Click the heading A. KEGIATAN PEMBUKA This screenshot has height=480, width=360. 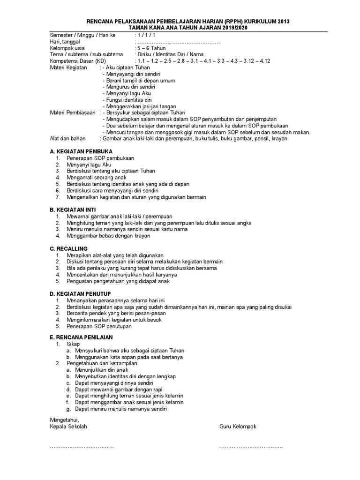coord(81,151)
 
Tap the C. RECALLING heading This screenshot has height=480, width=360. coord(68,248)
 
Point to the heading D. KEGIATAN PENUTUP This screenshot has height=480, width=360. coord(80,293)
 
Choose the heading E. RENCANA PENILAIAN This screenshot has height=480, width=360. coord(81,337)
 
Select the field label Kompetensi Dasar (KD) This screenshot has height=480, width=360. coord(78,61)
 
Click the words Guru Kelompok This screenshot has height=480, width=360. coord(238,427)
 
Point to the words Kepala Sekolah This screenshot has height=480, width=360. coord(68,427)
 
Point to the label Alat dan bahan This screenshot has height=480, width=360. coord(67,139)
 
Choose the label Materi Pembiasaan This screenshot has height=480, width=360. coord(73,113)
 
